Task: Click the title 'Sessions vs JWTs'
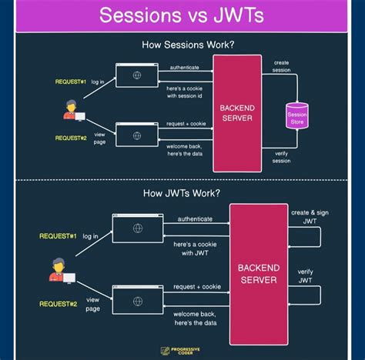(x=182, y=16)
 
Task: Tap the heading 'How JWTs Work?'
(x=182, y=192)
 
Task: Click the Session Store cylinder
(x=296, y=115)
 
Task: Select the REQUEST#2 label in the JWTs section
(x=59, y=304)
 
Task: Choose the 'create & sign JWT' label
(x=304, y=216)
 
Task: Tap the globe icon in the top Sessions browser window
(x=136, y=75)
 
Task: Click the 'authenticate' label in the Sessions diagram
(x=184, y=68)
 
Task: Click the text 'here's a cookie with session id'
(x=185, y=92)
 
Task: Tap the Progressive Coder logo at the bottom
(x=182, y=350)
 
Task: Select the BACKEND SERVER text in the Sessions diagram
(x=236, y=113)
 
